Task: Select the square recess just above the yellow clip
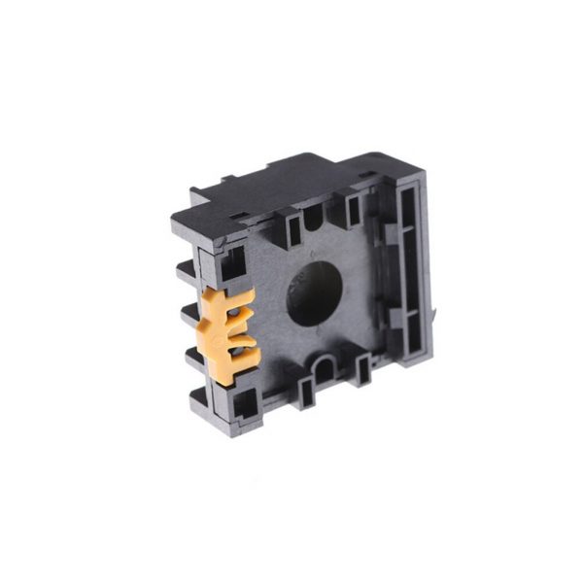click(233, 264)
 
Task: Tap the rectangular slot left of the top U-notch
click(292, 228)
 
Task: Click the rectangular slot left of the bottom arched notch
click(304, 391)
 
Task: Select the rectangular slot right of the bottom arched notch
click(363, 368)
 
